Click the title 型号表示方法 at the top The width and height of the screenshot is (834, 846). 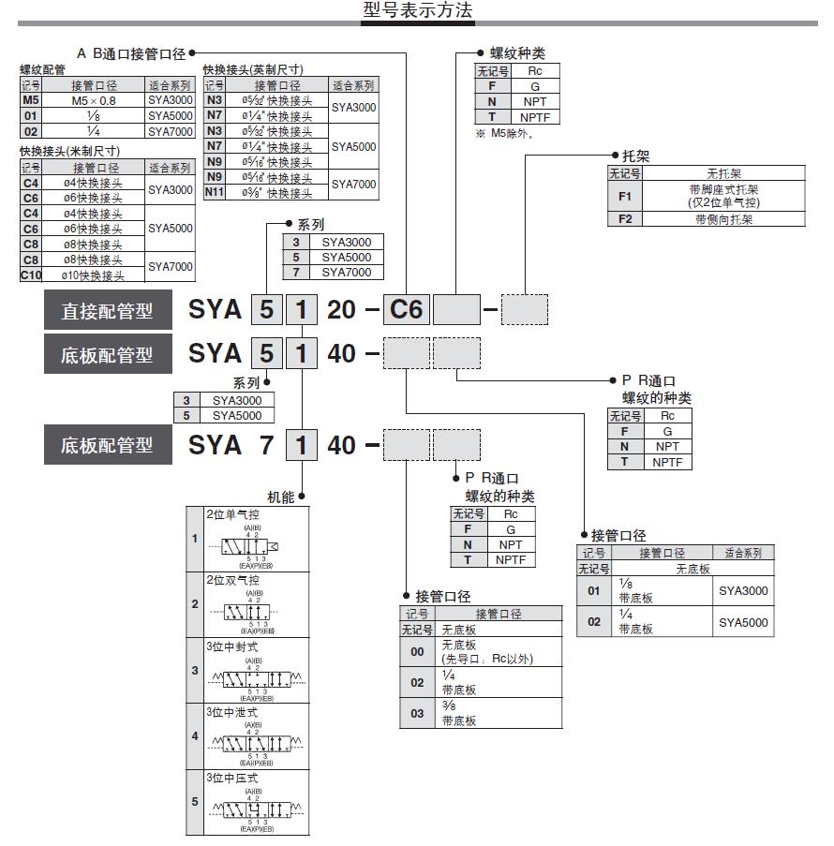(418, 11)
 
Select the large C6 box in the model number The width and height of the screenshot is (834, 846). (408, 309)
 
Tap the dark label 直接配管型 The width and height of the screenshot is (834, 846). (108, 310)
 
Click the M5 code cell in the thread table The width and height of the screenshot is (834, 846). (31, 99)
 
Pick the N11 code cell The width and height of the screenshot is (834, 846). (215, 192)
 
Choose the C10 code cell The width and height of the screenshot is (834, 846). (31, 275)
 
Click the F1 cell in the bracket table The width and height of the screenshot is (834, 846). (626, 196)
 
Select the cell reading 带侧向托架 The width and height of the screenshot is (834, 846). (723, 219)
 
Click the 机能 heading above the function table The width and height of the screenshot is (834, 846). (281, 497)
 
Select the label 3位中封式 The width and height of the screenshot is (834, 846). (232, 646)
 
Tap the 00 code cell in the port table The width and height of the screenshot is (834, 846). (418, 651)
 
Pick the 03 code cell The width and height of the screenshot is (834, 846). (418, 713)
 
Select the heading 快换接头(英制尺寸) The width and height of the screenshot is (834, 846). (253, 70)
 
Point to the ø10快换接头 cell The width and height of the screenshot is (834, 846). (92, 275)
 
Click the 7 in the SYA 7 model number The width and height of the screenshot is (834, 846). (267, 445)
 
